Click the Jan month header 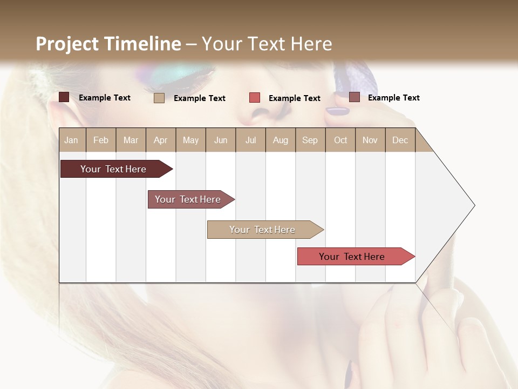click(x=71, y=140)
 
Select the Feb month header click(x=101, y=140)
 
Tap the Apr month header click(x=161, y=140)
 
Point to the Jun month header click(x=221, y=140)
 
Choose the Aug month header click(x=281, y=140)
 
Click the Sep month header click(x=310, y=140)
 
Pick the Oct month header click(x=340, y=140)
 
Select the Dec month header click(x=400, y=140)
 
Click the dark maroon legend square click(x=64, y=97)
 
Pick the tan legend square click(x=159, y=98)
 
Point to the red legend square click(x=255, y=98)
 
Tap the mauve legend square click(x=355, y=97)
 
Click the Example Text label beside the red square click(x=295, y=98)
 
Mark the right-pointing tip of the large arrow click(x=474, y=205)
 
